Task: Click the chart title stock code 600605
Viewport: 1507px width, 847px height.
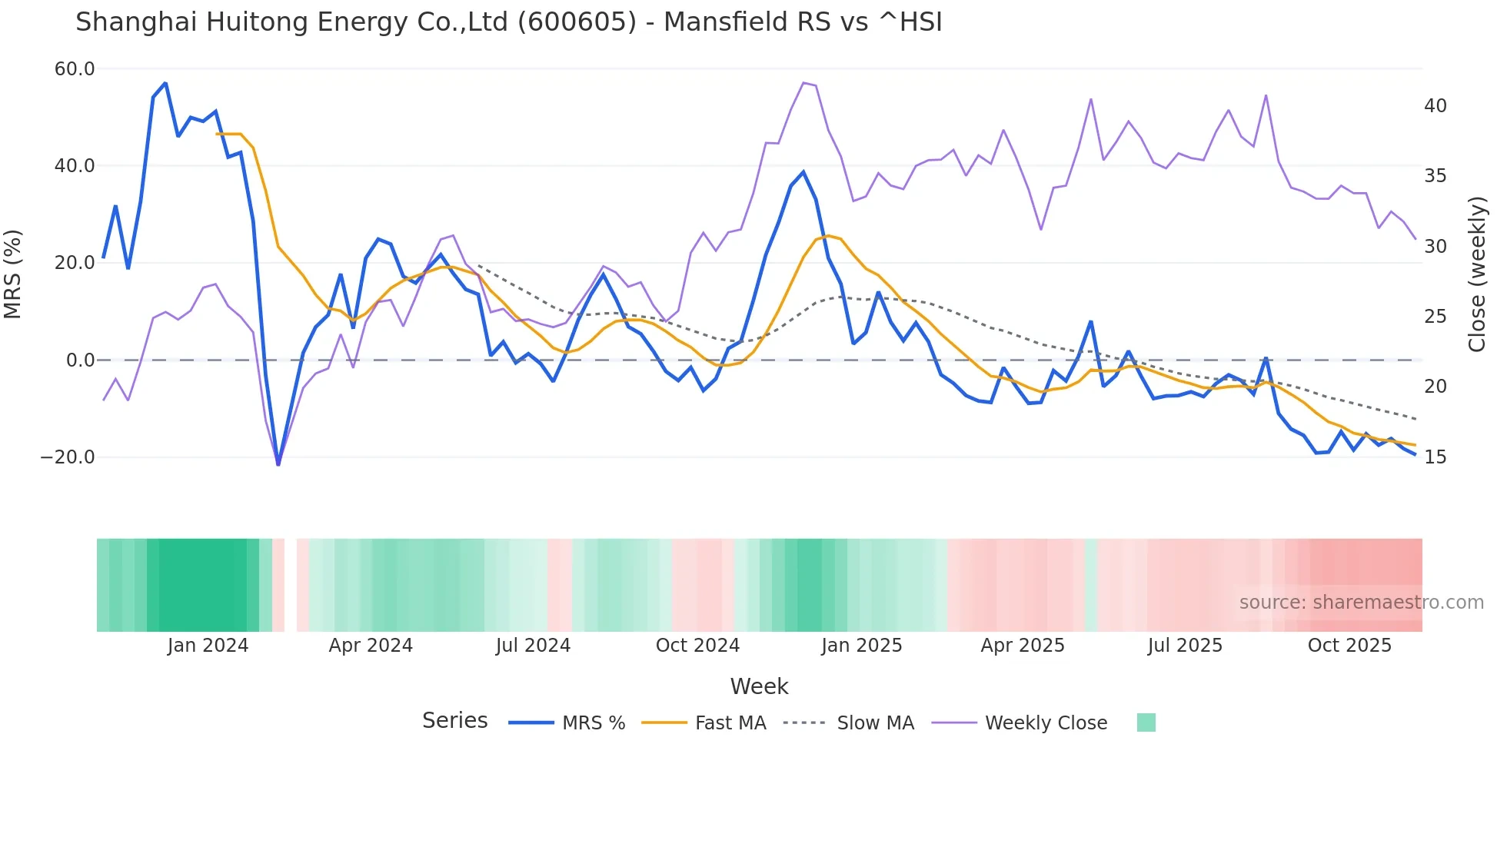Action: (x=577, y=22)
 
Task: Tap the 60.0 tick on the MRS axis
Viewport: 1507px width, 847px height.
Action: (x=75, y=69)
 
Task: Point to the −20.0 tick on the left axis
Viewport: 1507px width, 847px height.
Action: (x=68, y=457)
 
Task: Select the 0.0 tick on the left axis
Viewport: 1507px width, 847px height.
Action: (x=80, y=360)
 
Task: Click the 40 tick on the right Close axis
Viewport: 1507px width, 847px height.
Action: (x=1435, y=106)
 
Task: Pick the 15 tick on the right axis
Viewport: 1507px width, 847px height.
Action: (x=1435, y=457)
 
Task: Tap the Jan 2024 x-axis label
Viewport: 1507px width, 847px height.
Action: (x=208, y=646)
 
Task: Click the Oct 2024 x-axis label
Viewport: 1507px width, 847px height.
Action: (x=697, y=646)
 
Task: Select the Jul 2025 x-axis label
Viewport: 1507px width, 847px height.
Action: (x=1185, y=646)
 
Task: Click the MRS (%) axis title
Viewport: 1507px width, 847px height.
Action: (x=13, y=274)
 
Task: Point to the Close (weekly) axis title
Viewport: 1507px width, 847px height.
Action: (x=1477, y=274)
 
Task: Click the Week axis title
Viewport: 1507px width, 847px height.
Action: (x=759, y=686)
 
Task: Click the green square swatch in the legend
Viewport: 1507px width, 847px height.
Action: (x=1146, y=722)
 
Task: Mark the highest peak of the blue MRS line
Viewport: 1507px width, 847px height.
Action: (x=165, y=83)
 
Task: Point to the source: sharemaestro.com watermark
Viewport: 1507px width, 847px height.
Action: (x=1361, y=603)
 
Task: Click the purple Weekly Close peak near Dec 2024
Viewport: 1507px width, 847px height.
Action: (x=803, y=83)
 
